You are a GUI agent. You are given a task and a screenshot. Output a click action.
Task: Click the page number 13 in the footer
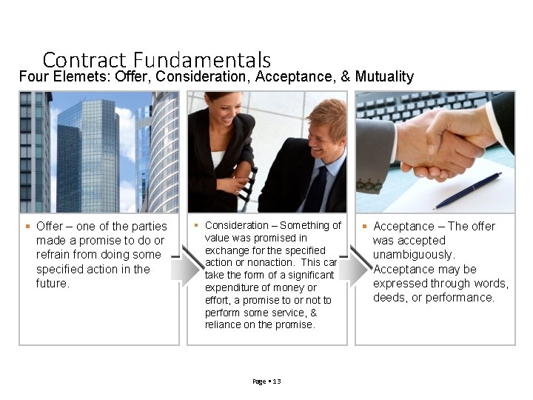[x=277, y=381]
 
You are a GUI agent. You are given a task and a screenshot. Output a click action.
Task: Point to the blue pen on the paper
[x=467, y=190]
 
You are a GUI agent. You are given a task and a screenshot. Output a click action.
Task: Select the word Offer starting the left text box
[x=50, y=227]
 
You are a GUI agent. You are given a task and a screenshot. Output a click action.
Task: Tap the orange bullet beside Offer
[x=27, y=226]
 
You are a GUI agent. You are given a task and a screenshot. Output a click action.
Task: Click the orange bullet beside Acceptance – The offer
[x=364, y=226]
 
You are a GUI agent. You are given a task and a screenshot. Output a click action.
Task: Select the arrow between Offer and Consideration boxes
[x=183, y=269]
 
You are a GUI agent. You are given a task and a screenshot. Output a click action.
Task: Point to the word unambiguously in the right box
[x=413, y=255]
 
